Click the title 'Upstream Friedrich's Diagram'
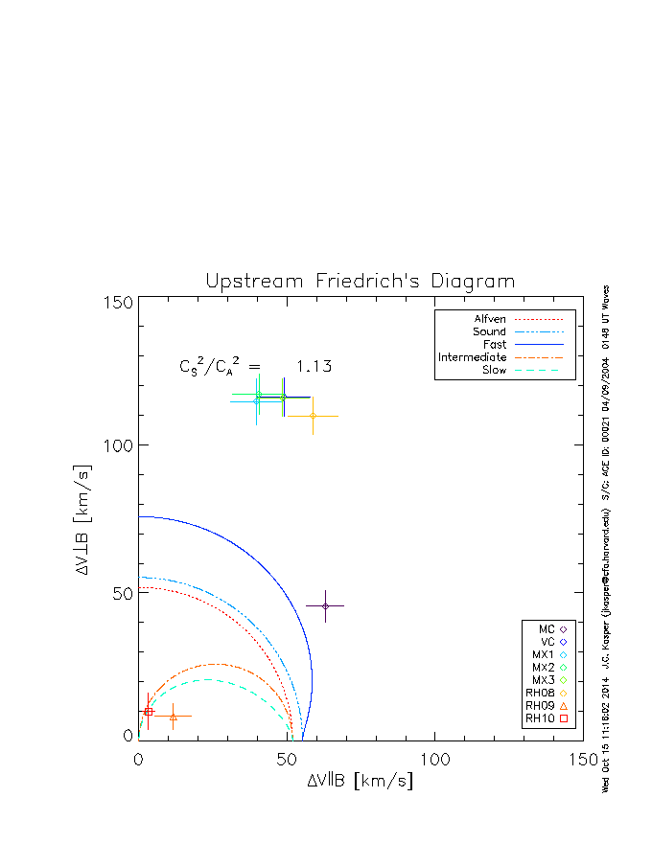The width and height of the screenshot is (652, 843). point(361,282)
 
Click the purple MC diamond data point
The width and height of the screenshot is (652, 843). point(326,605)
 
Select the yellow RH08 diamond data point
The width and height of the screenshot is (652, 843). point(313,415)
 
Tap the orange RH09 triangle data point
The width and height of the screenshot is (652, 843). point(173,716)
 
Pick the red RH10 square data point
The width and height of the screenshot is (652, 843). point(149,712)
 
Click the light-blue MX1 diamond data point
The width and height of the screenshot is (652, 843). point(257,400)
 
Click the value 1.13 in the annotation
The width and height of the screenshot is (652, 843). point(313,366)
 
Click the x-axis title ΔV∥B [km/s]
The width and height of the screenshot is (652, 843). point(361,781)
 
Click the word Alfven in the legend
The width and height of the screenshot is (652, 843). point(490,319)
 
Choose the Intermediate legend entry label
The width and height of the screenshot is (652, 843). point(473,357)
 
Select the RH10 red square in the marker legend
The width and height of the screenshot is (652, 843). point(564,718)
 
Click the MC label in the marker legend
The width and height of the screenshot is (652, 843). point(547,628)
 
